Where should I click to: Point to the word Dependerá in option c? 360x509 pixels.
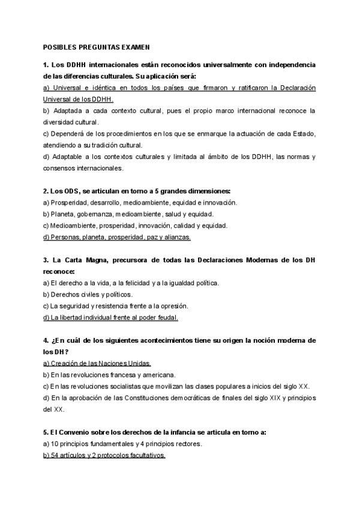(69, 133)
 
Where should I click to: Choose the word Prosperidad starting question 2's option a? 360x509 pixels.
(69, 202)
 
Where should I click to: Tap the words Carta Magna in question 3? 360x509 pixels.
(86, 260)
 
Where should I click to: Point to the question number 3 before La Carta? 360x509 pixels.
(46, 260)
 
